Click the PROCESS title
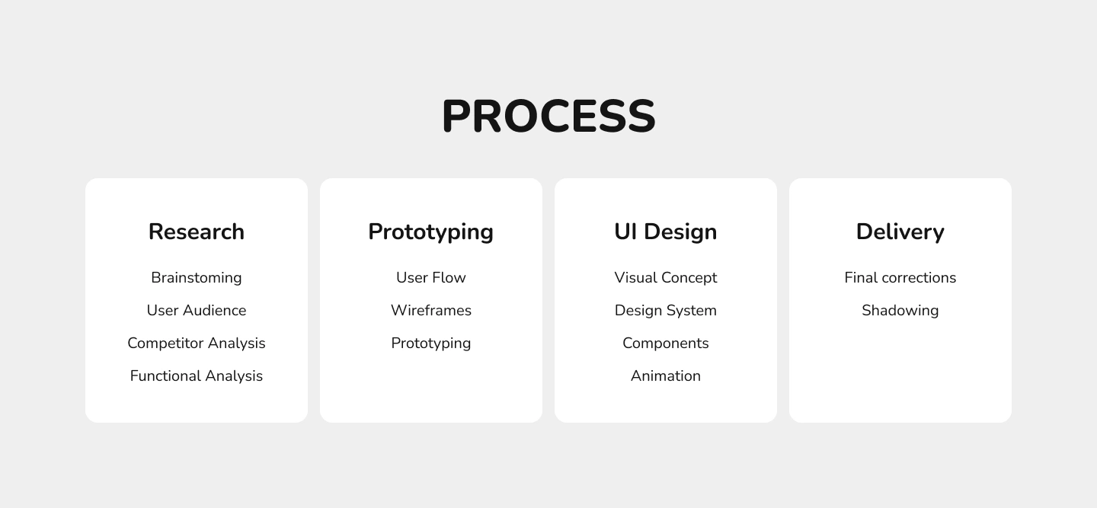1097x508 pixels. pos(548,116)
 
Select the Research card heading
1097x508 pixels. pos(197,232)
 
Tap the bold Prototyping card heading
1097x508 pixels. pos(431,232)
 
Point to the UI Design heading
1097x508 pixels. pos(666,232)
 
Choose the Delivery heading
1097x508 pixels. pos(900,232)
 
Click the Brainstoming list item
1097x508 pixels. pos(197,278)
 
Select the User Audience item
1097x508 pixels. pos(197,310)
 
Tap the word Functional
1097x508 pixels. pos(165,376)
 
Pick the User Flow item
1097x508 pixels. pos(431,277)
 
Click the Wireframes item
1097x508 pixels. pos(431,310)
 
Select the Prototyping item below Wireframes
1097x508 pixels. pos(431,343)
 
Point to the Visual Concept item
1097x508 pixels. pos(666,278)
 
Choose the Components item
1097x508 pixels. pos(666,343)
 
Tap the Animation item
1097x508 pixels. pos(666,376)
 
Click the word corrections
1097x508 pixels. pos(919,278)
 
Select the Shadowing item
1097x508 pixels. pos(900,311)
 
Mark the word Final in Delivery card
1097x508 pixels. pos(861,277)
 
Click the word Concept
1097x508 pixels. pos(689,278)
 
